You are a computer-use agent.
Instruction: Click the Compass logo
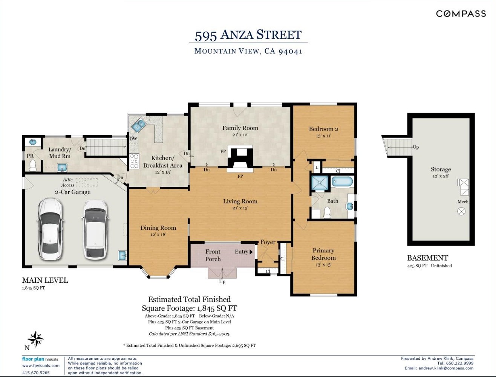pos(461,14)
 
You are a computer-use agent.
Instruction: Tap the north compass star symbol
pos(36,339)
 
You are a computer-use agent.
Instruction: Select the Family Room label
pos(240,128)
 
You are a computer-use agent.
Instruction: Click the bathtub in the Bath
pos(342,182)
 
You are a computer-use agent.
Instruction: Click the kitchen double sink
pos(139,125)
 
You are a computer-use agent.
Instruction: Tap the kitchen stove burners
pos(134,161)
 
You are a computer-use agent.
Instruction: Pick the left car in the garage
pos(50,229)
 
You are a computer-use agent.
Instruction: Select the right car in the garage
pos(95,230)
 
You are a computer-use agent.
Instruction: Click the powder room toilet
pos(33,165)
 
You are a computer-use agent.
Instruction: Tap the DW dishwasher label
pos(133,139)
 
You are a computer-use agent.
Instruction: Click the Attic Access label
pos(67,182)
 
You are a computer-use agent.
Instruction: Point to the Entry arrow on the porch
pos(251,252)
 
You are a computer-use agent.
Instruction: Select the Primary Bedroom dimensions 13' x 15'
pos(323,264)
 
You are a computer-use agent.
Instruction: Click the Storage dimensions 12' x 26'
pos(441,176)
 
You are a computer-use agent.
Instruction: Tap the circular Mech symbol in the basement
pos(461,211)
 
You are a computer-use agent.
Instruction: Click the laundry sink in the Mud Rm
pos(62,168)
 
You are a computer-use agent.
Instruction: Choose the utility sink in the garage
pos(122,256)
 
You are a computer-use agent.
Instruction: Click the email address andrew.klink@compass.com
pos(446,368)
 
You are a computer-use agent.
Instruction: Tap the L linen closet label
pos(317,167)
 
